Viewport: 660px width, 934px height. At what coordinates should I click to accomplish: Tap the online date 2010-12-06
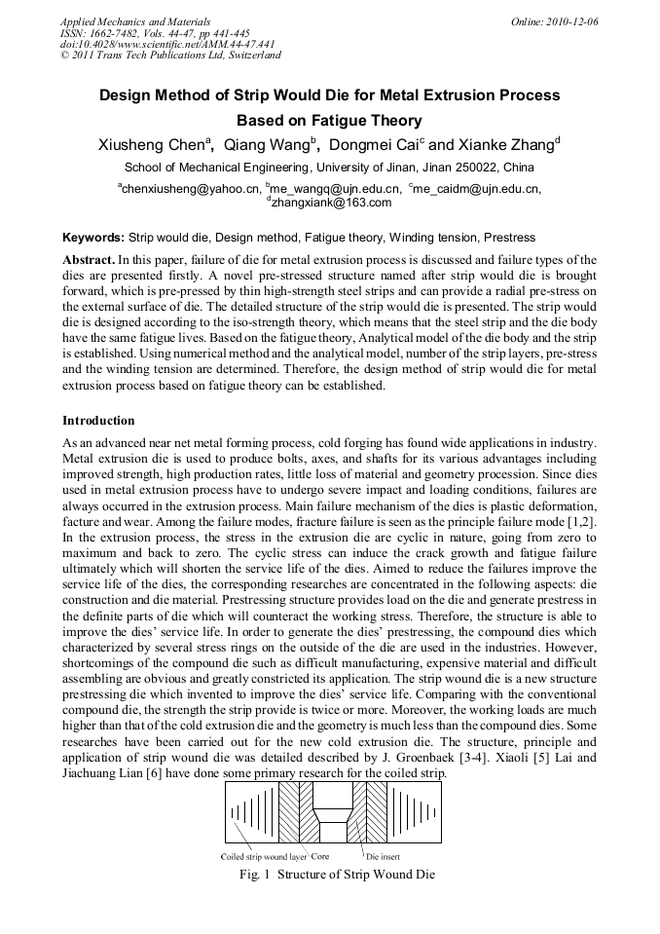click(x=570, y=20)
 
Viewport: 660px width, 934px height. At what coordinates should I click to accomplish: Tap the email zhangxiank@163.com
click(x=330, y=203)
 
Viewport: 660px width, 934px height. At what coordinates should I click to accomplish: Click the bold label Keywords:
click(x=93, y=237)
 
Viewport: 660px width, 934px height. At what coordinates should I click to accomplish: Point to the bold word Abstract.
click(x=88, y=261)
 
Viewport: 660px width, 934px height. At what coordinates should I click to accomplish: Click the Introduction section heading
click(x=98, y=421)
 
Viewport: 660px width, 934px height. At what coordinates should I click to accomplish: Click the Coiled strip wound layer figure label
click(x=264, y=857)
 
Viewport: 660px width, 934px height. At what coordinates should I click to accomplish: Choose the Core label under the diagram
click(x=320, y=857)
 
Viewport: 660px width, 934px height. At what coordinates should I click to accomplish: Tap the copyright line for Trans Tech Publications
click(x=170, y=56)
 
